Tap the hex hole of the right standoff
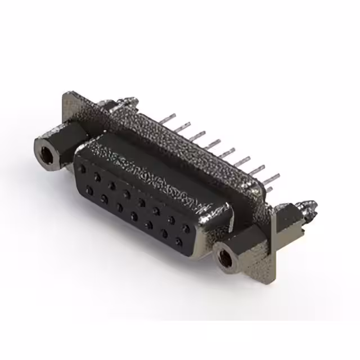(226, 258)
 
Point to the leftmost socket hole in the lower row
(89, 190)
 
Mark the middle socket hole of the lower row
(134, 215)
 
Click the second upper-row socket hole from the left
(97, 177)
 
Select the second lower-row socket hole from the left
(104, 198)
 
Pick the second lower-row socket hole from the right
(164, 233)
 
